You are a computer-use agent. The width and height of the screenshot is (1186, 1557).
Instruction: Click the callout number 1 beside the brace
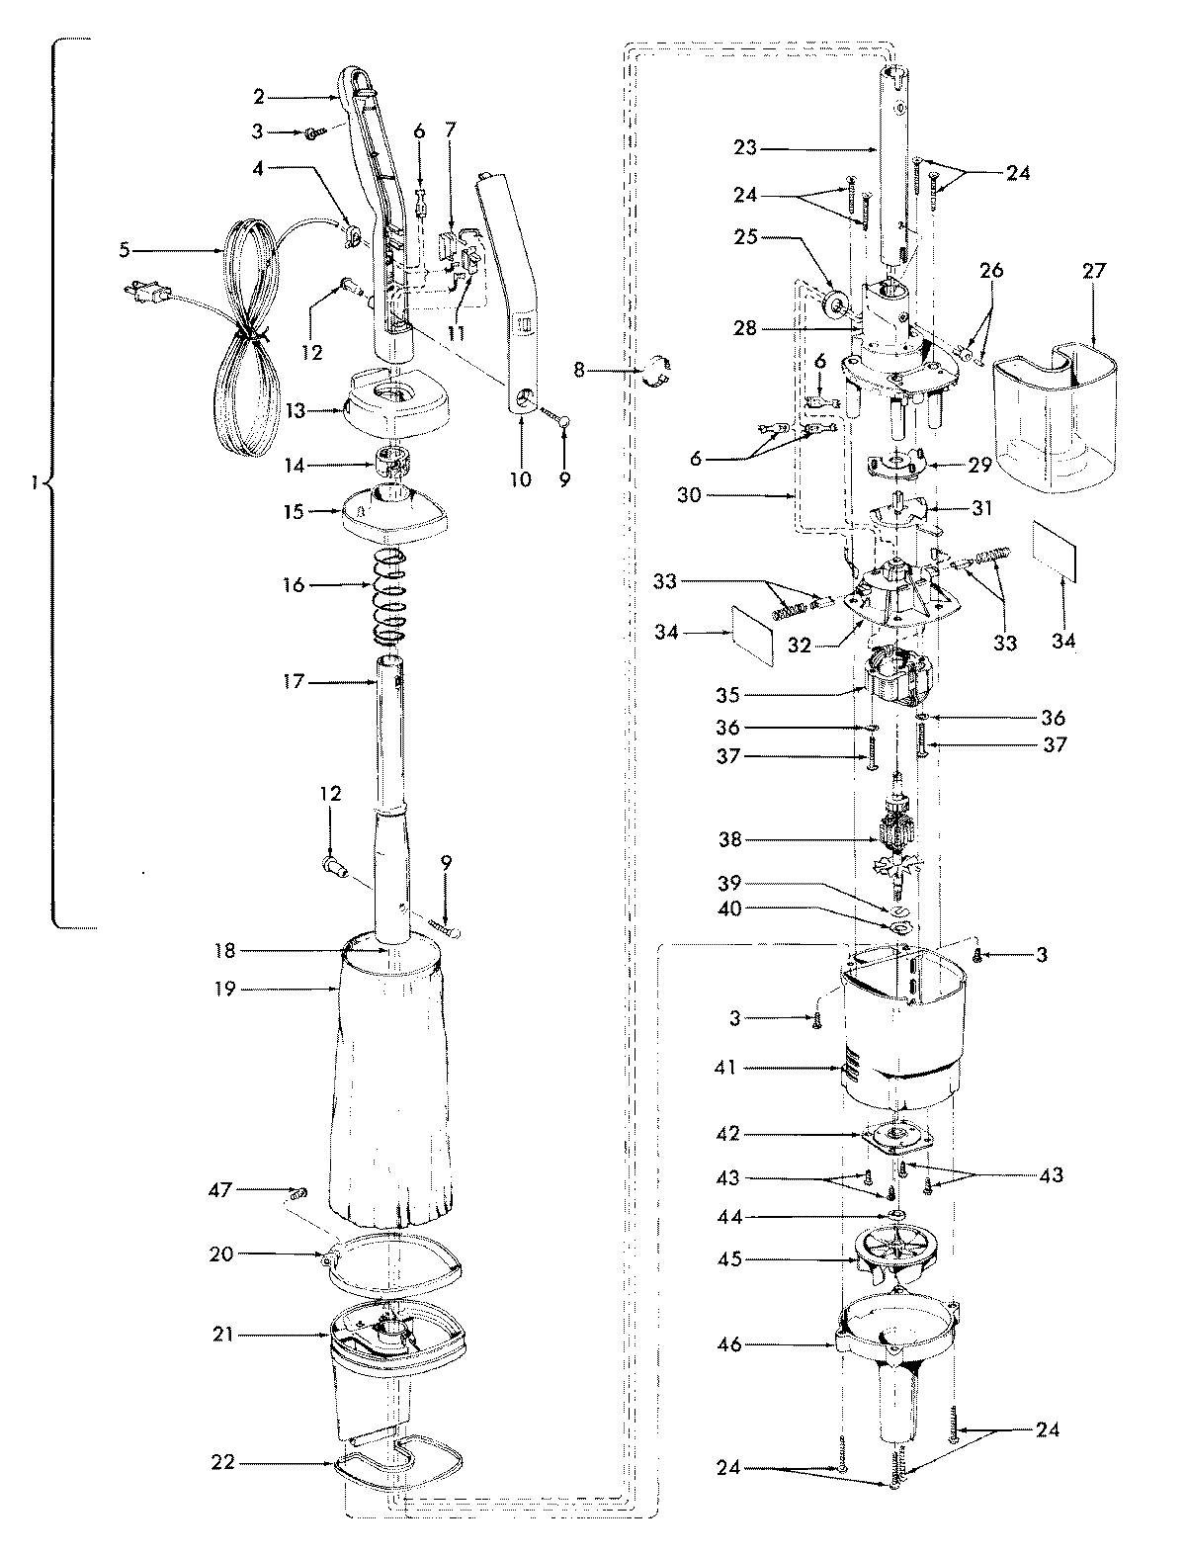[x=37, y=484]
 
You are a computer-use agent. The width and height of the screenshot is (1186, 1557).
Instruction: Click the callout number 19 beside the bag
[x=225, y=989]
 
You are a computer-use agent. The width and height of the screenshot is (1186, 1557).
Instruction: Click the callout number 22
[x=223, y=1461]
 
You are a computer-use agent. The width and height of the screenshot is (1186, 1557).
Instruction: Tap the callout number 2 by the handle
[x=258, y=97]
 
